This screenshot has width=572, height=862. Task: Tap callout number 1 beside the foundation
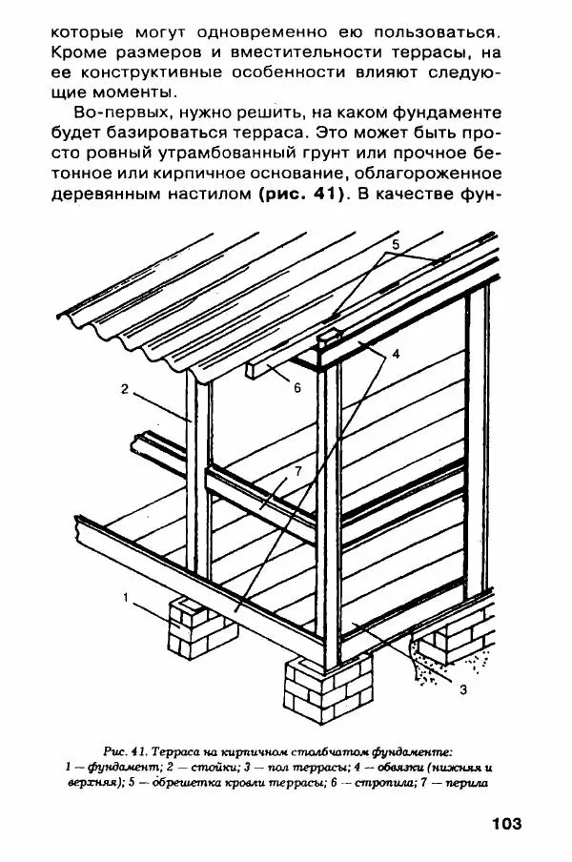click(125, 598)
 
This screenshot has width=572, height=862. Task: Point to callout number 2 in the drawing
click(125, 387)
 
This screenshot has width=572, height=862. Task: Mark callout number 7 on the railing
click(297, 471)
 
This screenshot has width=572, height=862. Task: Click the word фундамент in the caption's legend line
click(106, 767)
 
